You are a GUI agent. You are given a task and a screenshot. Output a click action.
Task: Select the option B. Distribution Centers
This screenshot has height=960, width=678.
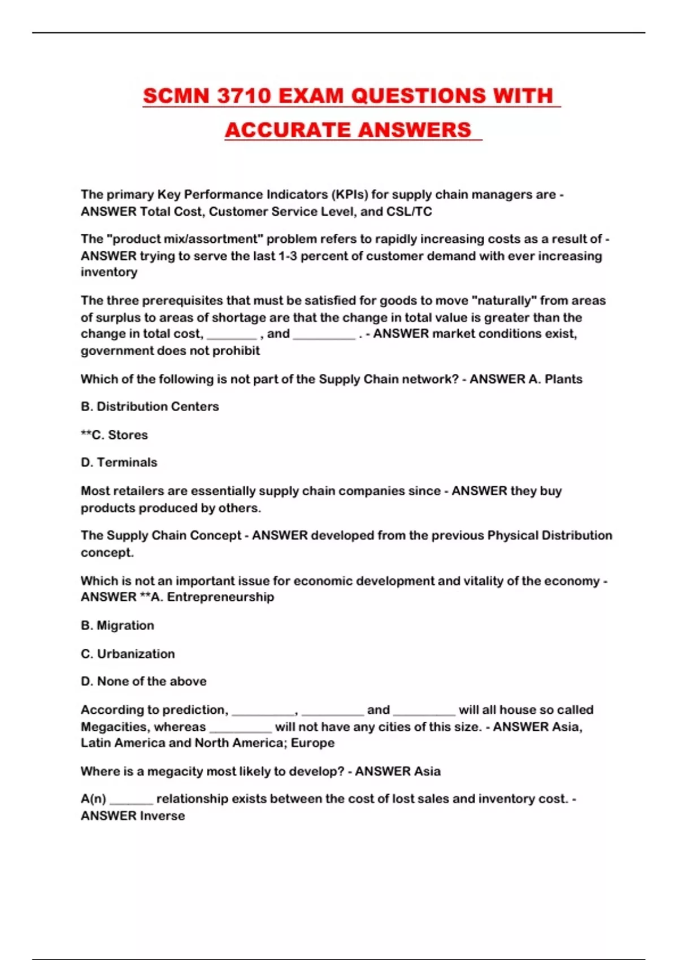(150, 407)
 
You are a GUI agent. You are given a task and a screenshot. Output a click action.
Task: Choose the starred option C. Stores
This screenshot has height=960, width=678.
(114, 435)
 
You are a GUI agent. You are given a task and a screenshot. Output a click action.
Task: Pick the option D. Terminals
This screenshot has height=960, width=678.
(119, 462)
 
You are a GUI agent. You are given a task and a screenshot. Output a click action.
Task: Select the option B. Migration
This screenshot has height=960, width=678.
(117, 626)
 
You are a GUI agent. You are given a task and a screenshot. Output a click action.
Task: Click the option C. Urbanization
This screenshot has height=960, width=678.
(128, 654)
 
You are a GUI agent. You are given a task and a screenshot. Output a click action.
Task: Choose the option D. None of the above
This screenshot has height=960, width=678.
(144, 682)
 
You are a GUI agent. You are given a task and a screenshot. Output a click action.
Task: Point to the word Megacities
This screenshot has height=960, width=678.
(115, 727)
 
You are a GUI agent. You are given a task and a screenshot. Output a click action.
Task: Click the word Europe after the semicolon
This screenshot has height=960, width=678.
(312, 743)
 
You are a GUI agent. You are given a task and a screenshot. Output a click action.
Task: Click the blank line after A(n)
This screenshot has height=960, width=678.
(131, 800)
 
